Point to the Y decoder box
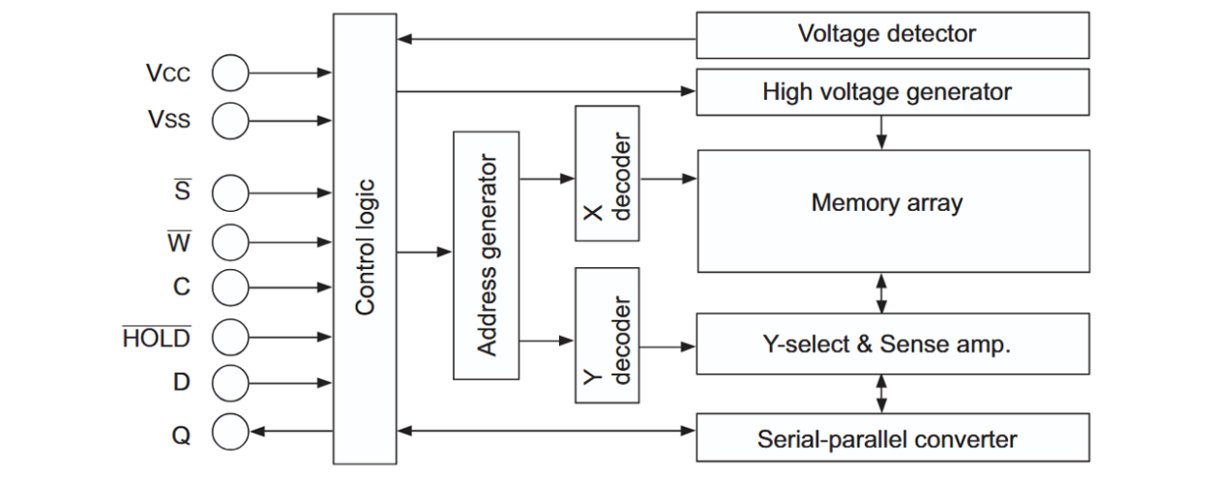tap(607, 335)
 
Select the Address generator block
tap(486, 254)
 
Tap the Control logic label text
tap(364, 247)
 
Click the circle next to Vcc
tap(230, 74)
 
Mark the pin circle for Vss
tap(230, 120)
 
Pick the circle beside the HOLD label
tap(230, 337)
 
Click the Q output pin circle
tap(230, 431)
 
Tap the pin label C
tap(182, 287)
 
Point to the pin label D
tap(182, 382)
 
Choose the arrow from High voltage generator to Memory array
tap(881, 132)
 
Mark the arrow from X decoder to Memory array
tap(668, 179)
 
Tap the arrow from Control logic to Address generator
tap(425, 253)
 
